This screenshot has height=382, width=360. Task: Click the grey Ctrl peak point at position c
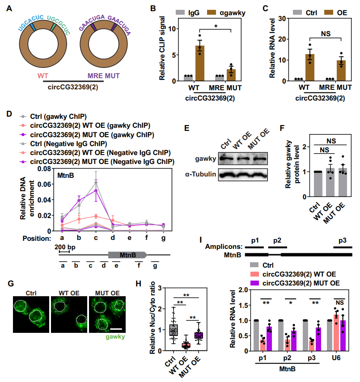click(96, 182)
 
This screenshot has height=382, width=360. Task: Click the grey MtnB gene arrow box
click(127, 255)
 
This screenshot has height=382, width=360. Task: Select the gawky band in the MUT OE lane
click(257, 158)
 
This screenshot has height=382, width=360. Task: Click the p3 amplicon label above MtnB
click(343, 240)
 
